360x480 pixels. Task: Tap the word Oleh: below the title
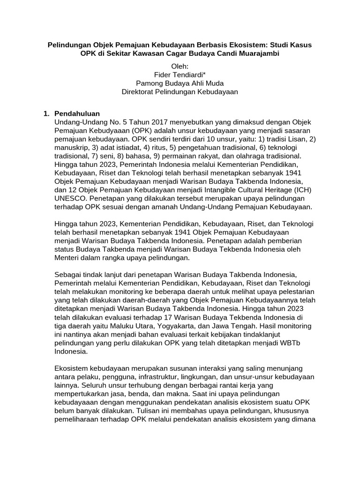click(180, 67)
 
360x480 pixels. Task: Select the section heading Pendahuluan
click(77, 113)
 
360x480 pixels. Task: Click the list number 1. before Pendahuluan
click(46, 113)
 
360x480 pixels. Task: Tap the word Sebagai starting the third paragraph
click(70, 274)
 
